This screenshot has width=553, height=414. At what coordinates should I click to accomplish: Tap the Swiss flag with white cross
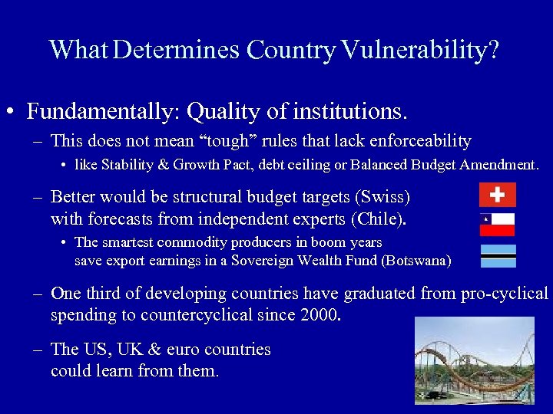[497, 195]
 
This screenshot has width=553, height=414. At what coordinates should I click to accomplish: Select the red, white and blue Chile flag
[497, 224]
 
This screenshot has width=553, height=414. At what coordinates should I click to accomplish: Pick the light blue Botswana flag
[497, 255]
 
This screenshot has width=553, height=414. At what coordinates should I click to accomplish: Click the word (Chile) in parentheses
[378, 219]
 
